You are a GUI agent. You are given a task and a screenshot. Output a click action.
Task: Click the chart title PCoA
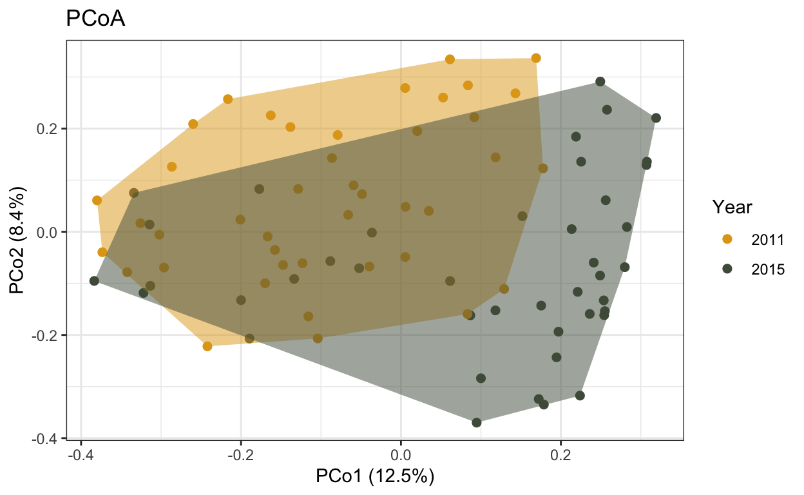(95, 20)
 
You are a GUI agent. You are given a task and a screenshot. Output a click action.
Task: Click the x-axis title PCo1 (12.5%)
(375, 478)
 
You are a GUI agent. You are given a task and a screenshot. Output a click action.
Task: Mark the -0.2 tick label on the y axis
(47, 335)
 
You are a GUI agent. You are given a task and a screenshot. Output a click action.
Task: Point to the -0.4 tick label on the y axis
(47, 438)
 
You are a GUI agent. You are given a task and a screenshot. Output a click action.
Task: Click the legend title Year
(733, 208)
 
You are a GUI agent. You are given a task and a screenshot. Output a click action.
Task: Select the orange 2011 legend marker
(727, 239)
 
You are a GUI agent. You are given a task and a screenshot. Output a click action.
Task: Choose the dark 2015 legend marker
(727, 270)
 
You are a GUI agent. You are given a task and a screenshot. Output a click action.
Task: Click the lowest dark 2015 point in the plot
(477, 423)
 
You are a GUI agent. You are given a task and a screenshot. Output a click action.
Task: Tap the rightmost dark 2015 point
(656, 118)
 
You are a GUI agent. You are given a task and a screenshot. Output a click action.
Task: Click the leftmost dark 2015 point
(94, 281)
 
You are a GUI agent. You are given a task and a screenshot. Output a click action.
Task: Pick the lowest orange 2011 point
(207, 346)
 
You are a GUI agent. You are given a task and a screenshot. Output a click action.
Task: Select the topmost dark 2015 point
(600, 82)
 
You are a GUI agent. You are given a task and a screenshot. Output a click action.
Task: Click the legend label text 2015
(768, 270)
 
